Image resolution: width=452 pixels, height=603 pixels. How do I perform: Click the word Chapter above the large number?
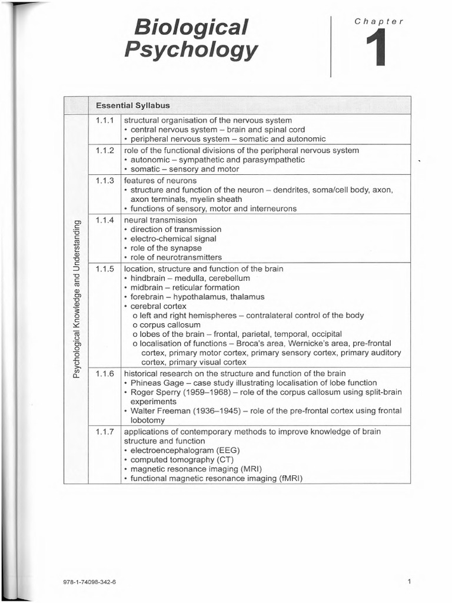[378, 21]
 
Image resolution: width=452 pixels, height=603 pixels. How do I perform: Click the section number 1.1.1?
[105, 120]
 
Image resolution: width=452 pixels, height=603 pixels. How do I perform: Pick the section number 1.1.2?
[105, 150]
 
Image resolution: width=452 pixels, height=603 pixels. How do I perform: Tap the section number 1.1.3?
[105, 180]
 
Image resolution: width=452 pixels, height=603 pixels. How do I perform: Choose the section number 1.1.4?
[105, 220]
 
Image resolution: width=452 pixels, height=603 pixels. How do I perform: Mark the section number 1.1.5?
[105, 269]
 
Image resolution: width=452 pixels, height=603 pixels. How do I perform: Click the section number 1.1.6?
[105, 373]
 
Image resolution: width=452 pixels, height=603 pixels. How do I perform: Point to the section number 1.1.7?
[105, 432]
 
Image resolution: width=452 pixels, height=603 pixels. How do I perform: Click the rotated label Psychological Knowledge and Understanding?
[76, 299]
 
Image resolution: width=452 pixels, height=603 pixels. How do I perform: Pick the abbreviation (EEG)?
[227, 450]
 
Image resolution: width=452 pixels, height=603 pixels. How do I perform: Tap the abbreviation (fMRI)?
[285, 478]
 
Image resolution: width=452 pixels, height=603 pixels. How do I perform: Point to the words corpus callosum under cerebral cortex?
[169, 325]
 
